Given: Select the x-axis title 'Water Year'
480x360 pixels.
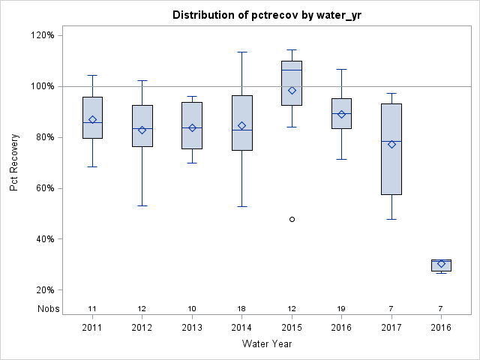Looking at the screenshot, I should [266, 344].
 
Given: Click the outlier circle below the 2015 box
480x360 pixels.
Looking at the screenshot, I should [292, 219].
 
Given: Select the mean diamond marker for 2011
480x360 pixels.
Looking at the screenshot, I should [92, 119].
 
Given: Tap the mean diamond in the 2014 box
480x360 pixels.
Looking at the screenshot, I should [241, 125].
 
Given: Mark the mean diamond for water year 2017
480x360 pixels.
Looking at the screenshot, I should [391, 144].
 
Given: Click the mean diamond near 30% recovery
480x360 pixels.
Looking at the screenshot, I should [441, 264].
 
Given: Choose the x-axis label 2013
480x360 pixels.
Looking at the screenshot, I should [192, 328].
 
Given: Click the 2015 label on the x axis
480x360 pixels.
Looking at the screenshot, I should [292, 328].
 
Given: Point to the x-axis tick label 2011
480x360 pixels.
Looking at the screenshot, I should [92, 328].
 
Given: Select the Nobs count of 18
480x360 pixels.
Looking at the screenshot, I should [241, 308].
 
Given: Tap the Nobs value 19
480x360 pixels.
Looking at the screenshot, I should [341, 308].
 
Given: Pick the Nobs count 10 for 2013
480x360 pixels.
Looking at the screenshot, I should [192, 308].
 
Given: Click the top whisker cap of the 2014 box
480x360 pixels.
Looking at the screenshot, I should [241, 52].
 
